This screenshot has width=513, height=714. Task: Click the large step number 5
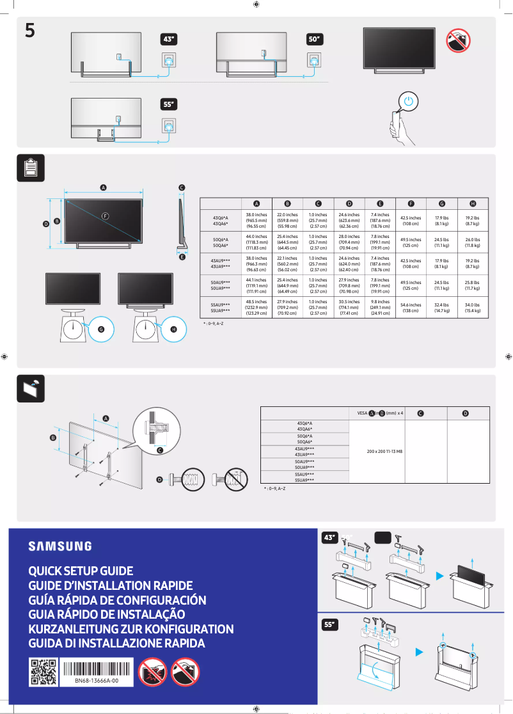(29, 30)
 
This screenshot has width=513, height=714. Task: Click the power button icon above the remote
(409, 102)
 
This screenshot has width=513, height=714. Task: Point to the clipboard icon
(29, 168)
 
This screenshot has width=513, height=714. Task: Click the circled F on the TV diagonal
(104, 216)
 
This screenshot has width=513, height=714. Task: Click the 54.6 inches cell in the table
(410, 308)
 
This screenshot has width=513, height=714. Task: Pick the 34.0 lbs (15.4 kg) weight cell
(473, 308)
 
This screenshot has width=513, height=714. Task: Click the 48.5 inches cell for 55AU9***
(256, 308)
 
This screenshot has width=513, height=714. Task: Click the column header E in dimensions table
(380, 203)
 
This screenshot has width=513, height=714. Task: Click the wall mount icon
(29, 388)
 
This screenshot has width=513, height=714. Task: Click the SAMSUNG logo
(59, 546)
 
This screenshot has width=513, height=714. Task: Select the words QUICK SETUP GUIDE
(81, 571)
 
